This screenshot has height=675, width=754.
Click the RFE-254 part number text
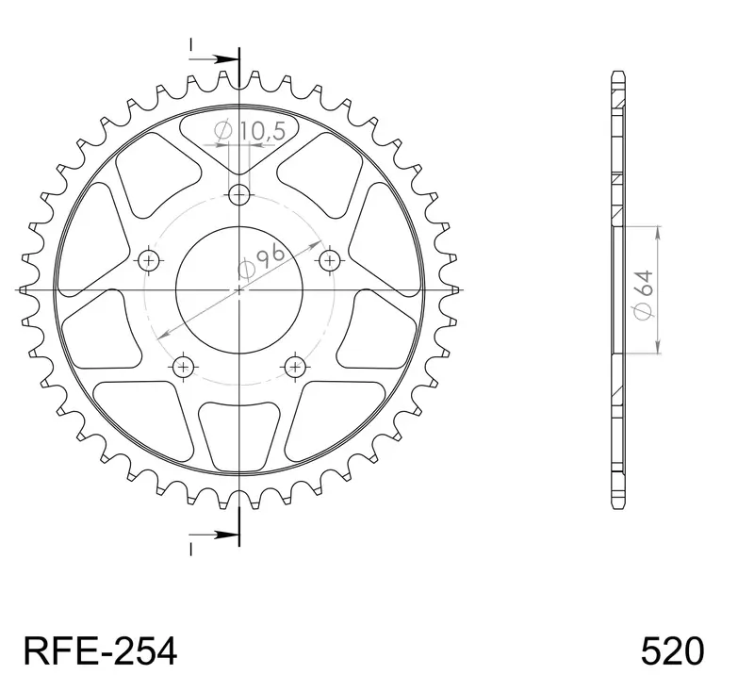[x=100, y=651]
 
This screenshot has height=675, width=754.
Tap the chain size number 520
[x=672, y=651]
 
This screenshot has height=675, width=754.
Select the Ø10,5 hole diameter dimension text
[x=251, y=131]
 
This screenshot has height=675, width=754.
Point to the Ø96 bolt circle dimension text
[x=263, y=262]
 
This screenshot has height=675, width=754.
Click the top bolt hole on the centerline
[x=239, y=195]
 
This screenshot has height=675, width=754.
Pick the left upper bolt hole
[x=149, y=261]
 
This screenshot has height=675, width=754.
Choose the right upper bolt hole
[x=330, y=261]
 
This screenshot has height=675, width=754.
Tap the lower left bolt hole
[x=183, y=368]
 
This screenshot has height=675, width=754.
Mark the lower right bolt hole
[x=295, y=368]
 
